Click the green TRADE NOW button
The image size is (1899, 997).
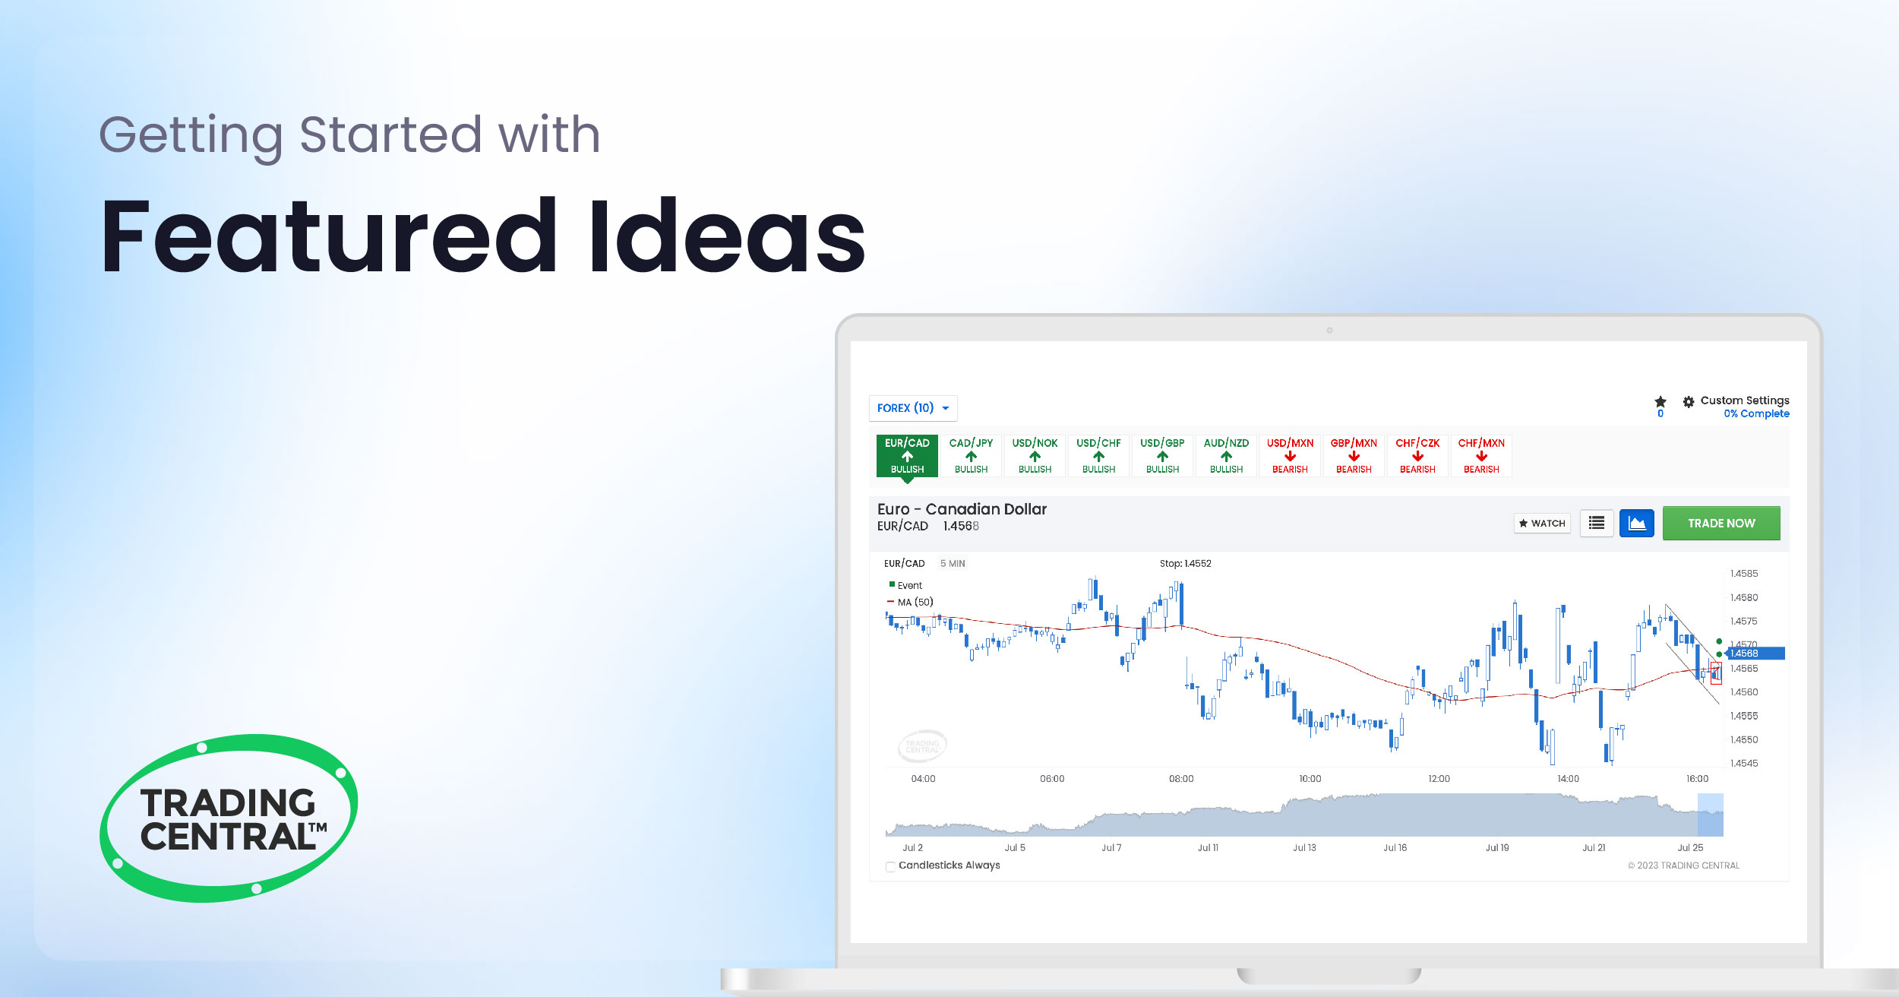point(1720,523)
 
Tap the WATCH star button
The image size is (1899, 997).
point(1541,523)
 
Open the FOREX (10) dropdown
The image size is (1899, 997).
point(912,408)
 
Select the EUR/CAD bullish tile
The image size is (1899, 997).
point(907,455)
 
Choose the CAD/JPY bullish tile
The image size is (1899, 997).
point(971,455)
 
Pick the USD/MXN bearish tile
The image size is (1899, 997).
point(1290,455)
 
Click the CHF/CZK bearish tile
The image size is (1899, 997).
point(1417,455)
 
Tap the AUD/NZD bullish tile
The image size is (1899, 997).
point(1226,455)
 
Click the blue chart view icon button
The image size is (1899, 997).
point(1636,523)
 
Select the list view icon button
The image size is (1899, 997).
point(1597,523)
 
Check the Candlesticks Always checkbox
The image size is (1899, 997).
point(890,866)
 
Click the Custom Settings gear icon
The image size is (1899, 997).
point(1688,402)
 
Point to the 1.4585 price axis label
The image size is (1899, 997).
point(1744,574)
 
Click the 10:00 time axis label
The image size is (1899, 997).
point(1310,779)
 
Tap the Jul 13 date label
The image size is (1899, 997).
point(1304,847)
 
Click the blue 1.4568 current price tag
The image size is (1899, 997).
point(1755,654)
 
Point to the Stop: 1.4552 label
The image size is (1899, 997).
point(1185,564)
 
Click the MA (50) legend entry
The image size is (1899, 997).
point(915,602)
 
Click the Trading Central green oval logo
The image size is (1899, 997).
point(229,818)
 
